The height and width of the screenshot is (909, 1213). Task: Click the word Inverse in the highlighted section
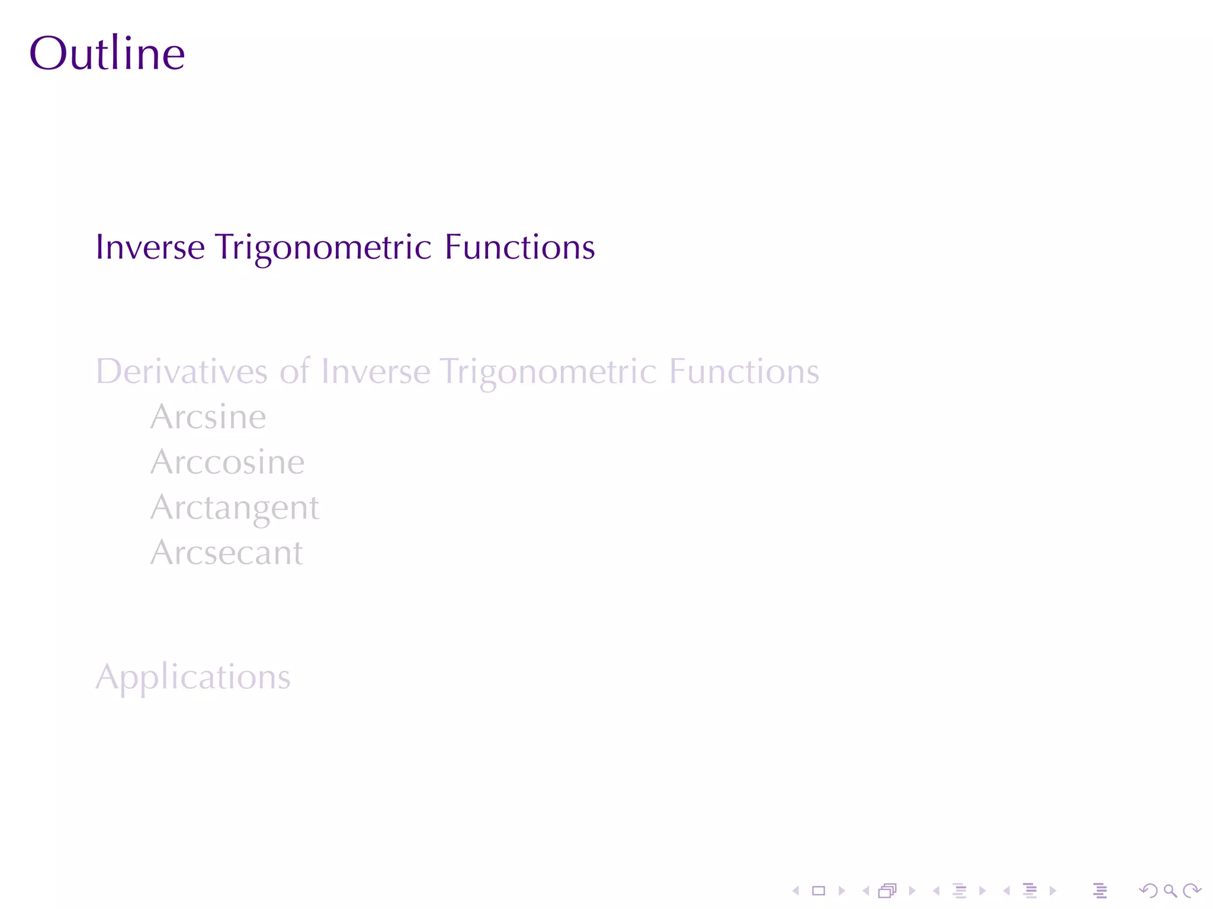click(150, 247)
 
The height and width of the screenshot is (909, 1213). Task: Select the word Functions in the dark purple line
click(519, 247)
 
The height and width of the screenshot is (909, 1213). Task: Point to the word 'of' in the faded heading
click(294, 372)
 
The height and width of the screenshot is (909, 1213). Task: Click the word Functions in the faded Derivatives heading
click(744, 372)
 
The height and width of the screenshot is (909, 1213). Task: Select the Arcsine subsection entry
click(208, 417)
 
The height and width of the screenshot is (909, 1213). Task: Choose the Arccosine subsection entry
click(227, 462)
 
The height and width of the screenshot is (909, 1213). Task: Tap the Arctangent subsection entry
click(235, 508)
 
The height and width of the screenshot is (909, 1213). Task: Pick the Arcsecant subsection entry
click(226, 553)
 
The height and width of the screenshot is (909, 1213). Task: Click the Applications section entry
click(193, 678)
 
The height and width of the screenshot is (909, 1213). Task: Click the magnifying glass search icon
click(1170, 891)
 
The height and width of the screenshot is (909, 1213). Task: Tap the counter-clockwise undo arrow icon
click(1148, 891)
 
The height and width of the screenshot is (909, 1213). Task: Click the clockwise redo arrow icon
click(1191, 891)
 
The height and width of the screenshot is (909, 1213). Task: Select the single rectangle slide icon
click(819, 891)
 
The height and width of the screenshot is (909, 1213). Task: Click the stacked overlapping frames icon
click(887, 891)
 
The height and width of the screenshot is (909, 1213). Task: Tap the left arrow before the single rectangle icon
click(796, 891)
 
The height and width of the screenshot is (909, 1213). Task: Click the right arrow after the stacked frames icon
click(912, 891)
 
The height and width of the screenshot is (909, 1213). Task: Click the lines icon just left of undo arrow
click(1100, 891)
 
